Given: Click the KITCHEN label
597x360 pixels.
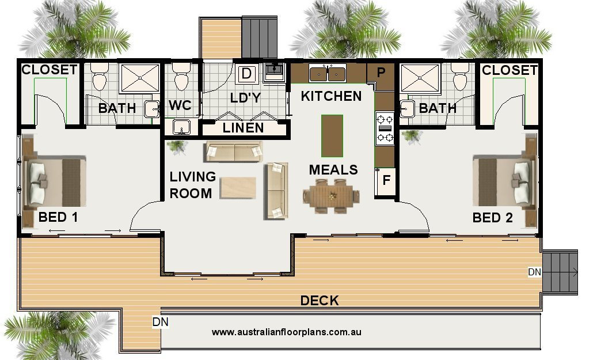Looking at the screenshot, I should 331,96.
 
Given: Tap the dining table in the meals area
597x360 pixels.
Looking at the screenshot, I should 332,195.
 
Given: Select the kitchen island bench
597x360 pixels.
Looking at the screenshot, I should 332,135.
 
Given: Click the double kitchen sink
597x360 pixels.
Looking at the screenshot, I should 327,74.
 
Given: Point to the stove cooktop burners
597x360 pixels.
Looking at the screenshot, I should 384,128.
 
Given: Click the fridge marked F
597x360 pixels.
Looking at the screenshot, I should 386,180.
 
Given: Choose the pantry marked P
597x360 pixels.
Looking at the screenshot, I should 381,73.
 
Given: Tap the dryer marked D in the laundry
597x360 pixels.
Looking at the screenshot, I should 246,74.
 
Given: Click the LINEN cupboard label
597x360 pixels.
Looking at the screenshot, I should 243,128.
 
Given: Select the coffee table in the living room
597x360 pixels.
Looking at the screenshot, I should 238,187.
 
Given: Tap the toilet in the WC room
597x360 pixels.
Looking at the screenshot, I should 181,78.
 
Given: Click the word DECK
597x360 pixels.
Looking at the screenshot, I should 320,301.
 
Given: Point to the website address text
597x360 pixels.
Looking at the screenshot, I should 286,332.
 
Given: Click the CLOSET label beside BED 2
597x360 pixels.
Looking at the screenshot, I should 509,70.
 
